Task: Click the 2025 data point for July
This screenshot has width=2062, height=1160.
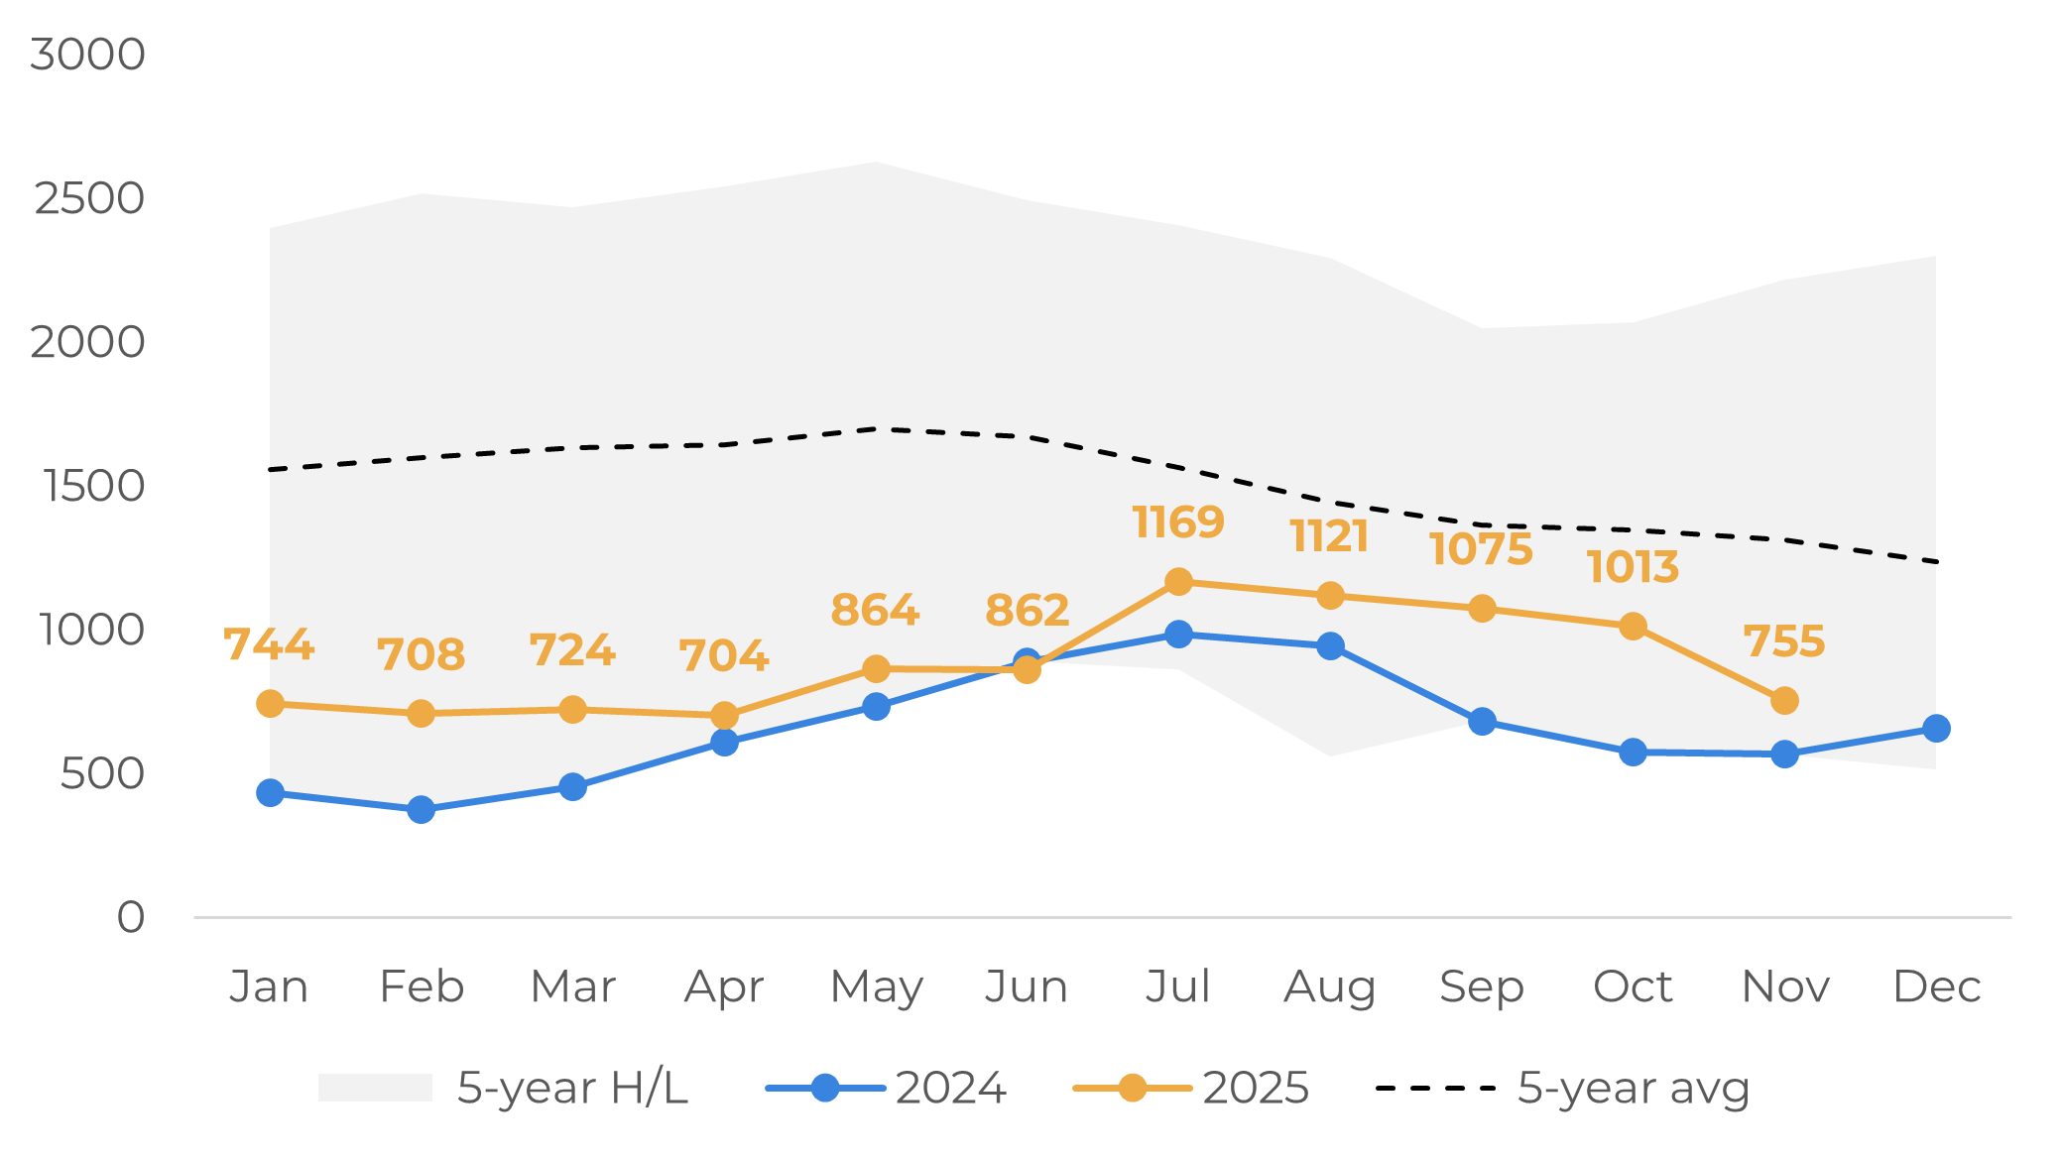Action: [1178, 582]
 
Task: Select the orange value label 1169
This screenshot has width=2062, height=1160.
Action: [1178, 522]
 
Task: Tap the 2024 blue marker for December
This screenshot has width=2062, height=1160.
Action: [1936, 729]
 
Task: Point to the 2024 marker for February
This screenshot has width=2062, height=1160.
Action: [422, 809]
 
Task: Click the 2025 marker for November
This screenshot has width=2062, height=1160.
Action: [1784, 701]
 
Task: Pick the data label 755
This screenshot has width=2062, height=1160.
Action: [1784, 641]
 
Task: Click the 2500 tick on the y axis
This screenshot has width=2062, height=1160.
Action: [89, 199]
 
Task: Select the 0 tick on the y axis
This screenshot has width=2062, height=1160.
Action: [131, 918]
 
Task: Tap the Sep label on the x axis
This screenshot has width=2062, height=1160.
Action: [1481, 987]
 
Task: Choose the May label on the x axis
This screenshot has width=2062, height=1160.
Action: [876, 987]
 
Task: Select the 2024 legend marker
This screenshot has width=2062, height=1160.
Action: [825, 1088]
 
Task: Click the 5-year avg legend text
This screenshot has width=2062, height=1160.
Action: [1633, 1088]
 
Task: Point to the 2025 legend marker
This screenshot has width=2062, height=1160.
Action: [1132, 1088]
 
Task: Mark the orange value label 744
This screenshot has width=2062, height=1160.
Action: [269, 644]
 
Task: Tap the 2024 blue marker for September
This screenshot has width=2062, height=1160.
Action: [1482, 722]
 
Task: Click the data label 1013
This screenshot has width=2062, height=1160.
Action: [1633, 568]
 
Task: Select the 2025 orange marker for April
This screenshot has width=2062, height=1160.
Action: [724, 715]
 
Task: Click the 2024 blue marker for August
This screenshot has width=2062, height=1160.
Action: [1330, 646]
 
